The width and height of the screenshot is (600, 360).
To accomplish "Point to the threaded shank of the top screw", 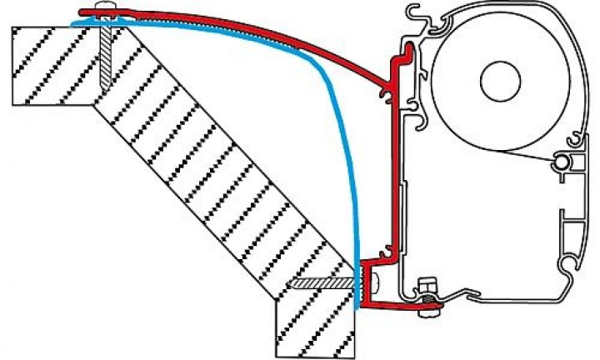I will [104, 54].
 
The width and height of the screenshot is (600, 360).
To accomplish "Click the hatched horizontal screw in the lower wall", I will [321, 283].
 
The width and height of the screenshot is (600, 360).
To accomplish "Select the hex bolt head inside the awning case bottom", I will [427, 286].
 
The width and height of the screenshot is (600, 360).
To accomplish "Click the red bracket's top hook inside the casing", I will [404, 55].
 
